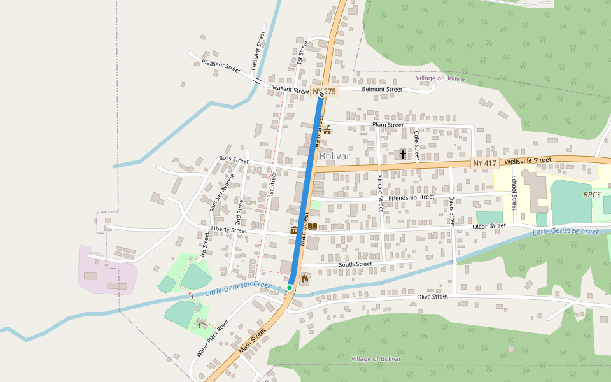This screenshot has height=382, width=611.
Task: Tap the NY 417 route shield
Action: coord(484,164)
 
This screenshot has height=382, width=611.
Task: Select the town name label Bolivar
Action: coord(335,155)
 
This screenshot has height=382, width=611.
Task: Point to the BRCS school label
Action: coord(591,194)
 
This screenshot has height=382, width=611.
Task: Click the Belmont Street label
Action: coord(382,90)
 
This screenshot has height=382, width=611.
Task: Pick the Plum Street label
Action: coord(388,125)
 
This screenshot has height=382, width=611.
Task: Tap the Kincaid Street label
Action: coord(380,194)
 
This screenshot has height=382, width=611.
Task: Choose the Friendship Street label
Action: coord(411,197)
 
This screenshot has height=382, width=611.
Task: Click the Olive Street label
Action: coord(432,297)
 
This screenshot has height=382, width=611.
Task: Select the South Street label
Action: coord(355,264)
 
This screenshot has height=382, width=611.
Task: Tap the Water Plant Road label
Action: coord(212,337)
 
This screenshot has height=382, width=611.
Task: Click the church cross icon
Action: coord(402,155)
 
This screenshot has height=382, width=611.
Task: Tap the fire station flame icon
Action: coord(305,279)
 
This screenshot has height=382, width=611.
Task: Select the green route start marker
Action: coord(290,288)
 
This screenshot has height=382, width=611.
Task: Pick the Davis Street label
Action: coord(451,211)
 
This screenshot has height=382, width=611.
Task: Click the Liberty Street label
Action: coord(228,230)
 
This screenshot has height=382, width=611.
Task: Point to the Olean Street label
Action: coord(489,226)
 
